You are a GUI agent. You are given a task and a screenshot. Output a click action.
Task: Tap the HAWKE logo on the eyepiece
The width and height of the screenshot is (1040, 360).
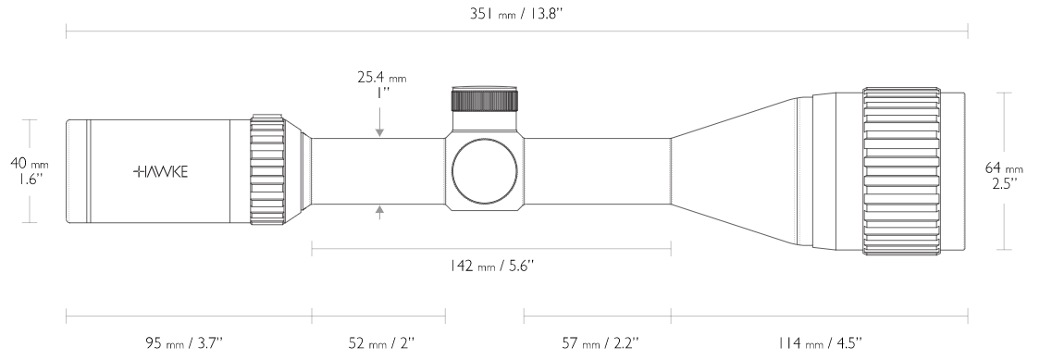161,172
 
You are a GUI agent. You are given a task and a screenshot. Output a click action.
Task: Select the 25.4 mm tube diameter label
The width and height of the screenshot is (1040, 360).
381,78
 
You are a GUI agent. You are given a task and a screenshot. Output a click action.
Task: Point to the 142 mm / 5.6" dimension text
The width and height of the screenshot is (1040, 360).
491,266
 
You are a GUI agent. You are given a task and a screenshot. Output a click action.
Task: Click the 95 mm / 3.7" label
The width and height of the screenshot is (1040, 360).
184,343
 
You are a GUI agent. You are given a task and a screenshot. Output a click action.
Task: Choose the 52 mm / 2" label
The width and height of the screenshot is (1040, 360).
381,343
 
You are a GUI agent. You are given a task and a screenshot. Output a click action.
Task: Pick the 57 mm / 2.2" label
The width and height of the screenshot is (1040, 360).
600,343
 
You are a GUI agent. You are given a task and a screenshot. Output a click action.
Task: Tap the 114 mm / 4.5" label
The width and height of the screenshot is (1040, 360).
821,343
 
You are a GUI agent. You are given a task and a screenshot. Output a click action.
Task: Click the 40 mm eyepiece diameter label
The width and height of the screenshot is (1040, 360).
30,163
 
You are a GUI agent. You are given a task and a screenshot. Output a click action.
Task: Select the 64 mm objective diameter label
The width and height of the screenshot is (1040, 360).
1004,169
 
